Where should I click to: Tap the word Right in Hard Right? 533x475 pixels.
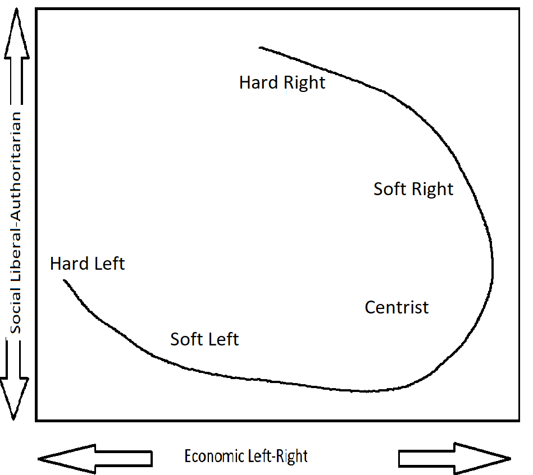[x=304, y=83]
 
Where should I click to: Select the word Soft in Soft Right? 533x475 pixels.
[x=389, y=189]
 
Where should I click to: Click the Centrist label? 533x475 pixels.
[x=397, y=307]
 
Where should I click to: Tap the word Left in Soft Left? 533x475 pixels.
[x=224, y=339]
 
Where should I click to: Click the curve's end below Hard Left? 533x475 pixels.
[x=65, y=280]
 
